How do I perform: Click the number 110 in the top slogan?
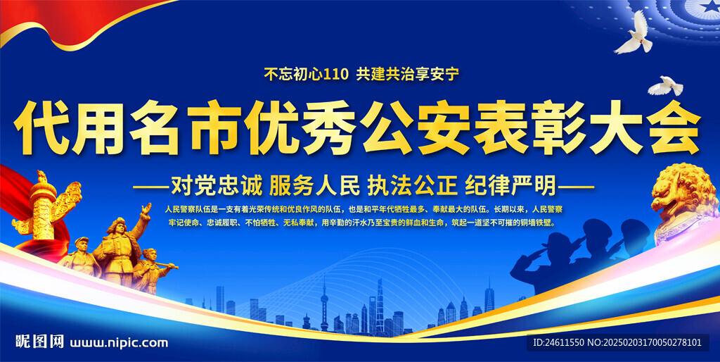336,74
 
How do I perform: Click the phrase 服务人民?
314,186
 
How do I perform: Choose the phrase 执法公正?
412,186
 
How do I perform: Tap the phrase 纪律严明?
510,186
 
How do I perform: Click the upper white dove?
634,33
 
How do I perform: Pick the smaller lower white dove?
665,86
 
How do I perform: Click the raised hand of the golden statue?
146,208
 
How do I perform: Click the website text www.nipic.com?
119,343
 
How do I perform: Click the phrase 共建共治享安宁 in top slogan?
408,74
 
